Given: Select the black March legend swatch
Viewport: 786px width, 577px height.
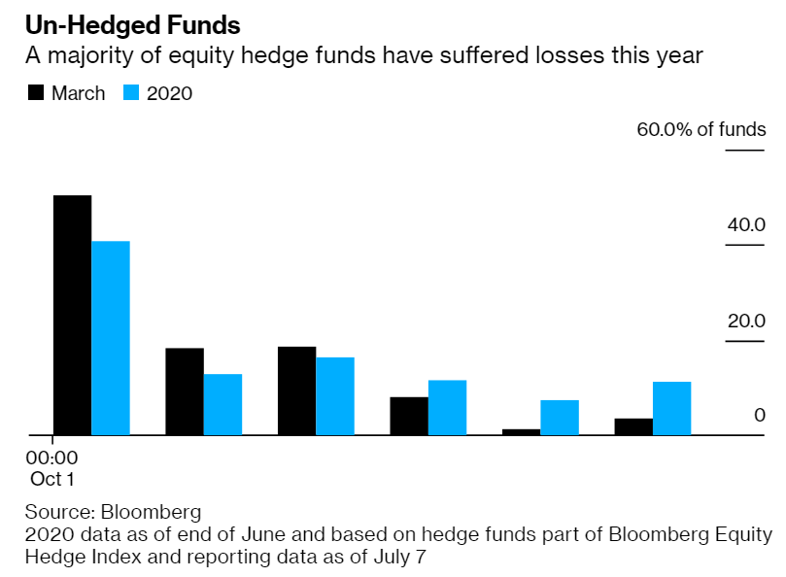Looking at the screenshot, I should click(x=37, y=93).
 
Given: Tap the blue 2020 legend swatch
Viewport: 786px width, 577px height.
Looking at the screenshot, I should click(x=132, y=93).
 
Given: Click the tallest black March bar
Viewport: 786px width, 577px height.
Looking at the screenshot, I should click(x=72, y=315).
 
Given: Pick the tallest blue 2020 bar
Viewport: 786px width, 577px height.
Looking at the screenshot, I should click(x=110, y=337).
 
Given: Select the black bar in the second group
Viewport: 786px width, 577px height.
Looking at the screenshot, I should click(x=185, y=390).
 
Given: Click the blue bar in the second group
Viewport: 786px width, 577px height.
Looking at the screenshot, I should click(x=222, y=404).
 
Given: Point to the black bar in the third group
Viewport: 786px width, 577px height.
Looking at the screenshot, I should click(x=296, y=390).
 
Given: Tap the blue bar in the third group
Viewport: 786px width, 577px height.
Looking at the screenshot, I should click(x=334, y=395).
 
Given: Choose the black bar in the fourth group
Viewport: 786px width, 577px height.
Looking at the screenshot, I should click(x=409, y=416).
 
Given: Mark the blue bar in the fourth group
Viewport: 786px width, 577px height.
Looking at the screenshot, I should click(x=447, y=407).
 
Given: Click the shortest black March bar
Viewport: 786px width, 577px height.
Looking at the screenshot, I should click(x=521, y=431).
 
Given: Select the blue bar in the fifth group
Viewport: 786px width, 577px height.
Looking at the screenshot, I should click(x=560, y=417).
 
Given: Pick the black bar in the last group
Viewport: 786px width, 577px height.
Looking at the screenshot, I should click(x=633, y=426).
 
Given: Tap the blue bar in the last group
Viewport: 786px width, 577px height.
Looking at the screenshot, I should click(x=671, y=408).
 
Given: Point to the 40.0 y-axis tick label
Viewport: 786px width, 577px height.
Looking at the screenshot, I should click(x=746, y=224).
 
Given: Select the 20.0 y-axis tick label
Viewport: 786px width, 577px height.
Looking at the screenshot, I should click(x=746, y=321).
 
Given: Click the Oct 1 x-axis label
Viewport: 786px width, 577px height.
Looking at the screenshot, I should click(x=51, y=478).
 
